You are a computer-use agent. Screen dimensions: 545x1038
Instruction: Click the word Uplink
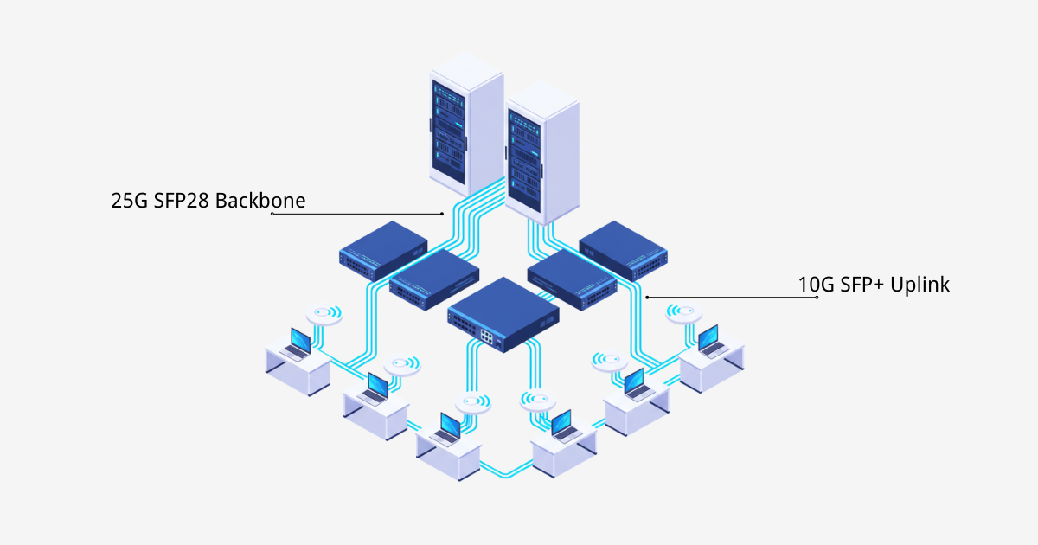tap(919, 285)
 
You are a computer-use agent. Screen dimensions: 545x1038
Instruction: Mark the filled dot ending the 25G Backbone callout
tap(442, 214)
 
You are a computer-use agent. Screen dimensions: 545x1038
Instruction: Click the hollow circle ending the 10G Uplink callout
tap(817, 298)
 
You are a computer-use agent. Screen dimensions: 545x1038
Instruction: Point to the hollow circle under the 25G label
tap(272, 214)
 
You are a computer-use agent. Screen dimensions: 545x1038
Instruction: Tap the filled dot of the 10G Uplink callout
tap(647, 298)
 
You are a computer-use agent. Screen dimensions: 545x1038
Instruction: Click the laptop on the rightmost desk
tap(709, 341)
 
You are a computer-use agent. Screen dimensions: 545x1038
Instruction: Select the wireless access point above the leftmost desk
tap(324, 315)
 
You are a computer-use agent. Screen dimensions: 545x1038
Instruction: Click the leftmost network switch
tap(382, 248)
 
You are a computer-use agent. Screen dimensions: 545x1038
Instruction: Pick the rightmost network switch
tap(623, 249)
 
